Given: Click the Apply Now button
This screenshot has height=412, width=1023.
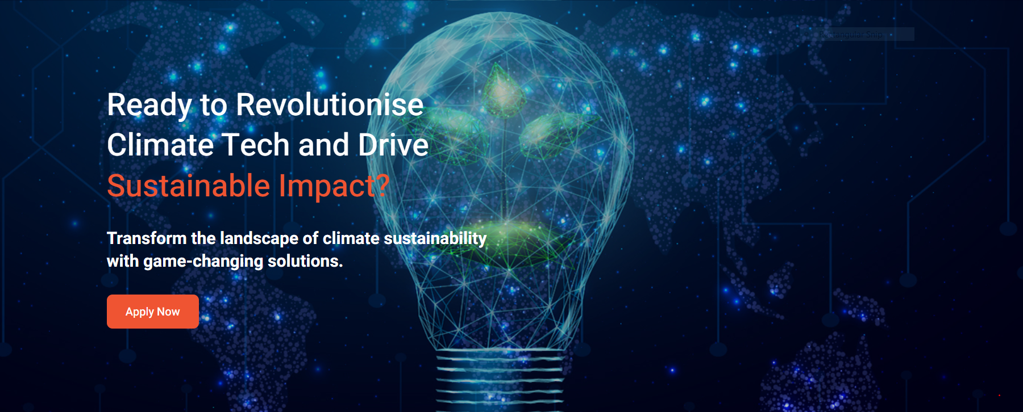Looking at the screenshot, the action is (x=153, y=312).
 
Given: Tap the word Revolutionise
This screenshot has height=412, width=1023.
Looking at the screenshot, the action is (x=330, y=104).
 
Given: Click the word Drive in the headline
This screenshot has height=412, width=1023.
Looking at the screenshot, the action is (x=393, y=145).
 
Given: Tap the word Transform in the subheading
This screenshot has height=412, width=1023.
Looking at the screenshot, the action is (x=147, y=238).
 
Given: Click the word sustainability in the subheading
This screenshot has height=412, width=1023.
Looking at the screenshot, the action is (x=435, y=239).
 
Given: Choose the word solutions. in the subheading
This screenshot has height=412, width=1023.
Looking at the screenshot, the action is (x=305, y=261).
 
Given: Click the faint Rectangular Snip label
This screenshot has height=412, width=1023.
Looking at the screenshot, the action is (x=851, y=35).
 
